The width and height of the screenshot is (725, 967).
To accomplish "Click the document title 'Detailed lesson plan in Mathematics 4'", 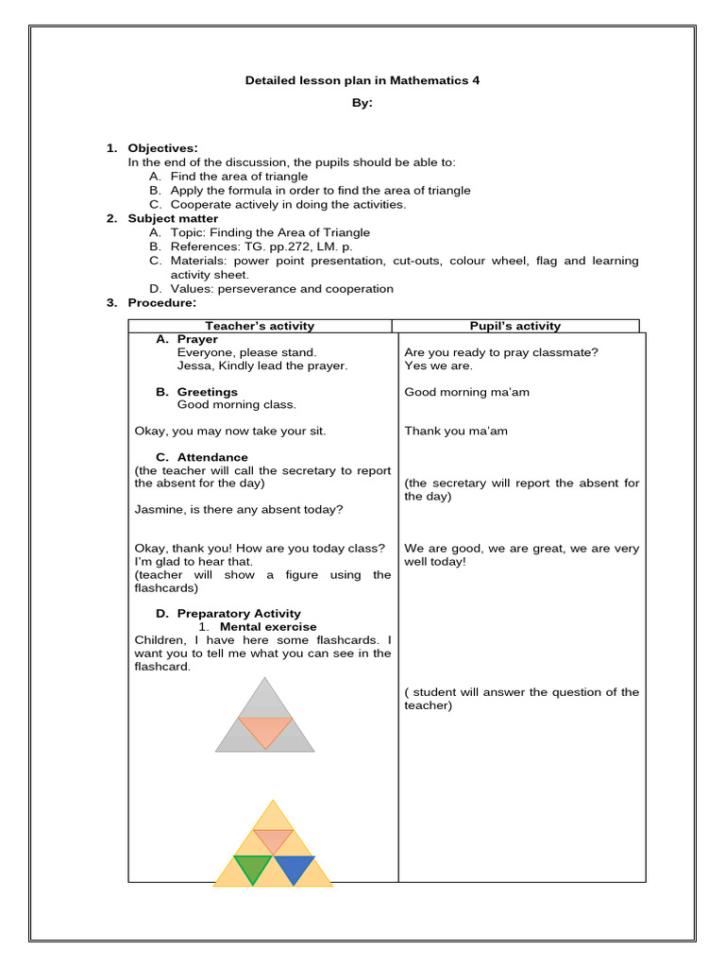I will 362,81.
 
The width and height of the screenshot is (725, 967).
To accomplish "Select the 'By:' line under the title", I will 362,104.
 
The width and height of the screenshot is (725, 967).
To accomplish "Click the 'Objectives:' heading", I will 163,148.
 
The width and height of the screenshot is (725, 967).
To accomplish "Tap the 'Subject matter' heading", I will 173,218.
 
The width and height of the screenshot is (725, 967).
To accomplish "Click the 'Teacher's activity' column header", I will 260,326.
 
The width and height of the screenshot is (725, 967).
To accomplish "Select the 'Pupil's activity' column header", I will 515,326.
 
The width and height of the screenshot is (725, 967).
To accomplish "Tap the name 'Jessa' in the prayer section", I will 193,365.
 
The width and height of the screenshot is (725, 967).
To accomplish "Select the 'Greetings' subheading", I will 207,392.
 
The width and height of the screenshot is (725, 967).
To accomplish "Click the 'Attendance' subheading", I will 212,457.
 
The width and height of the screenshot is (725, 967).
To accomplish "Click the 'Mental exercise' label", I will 268,626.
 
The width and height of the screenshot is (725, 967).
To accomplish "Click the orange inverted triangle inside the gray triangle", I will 265,729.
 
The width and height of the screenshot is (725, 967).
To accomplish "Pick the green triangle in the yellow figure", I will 253,867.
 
